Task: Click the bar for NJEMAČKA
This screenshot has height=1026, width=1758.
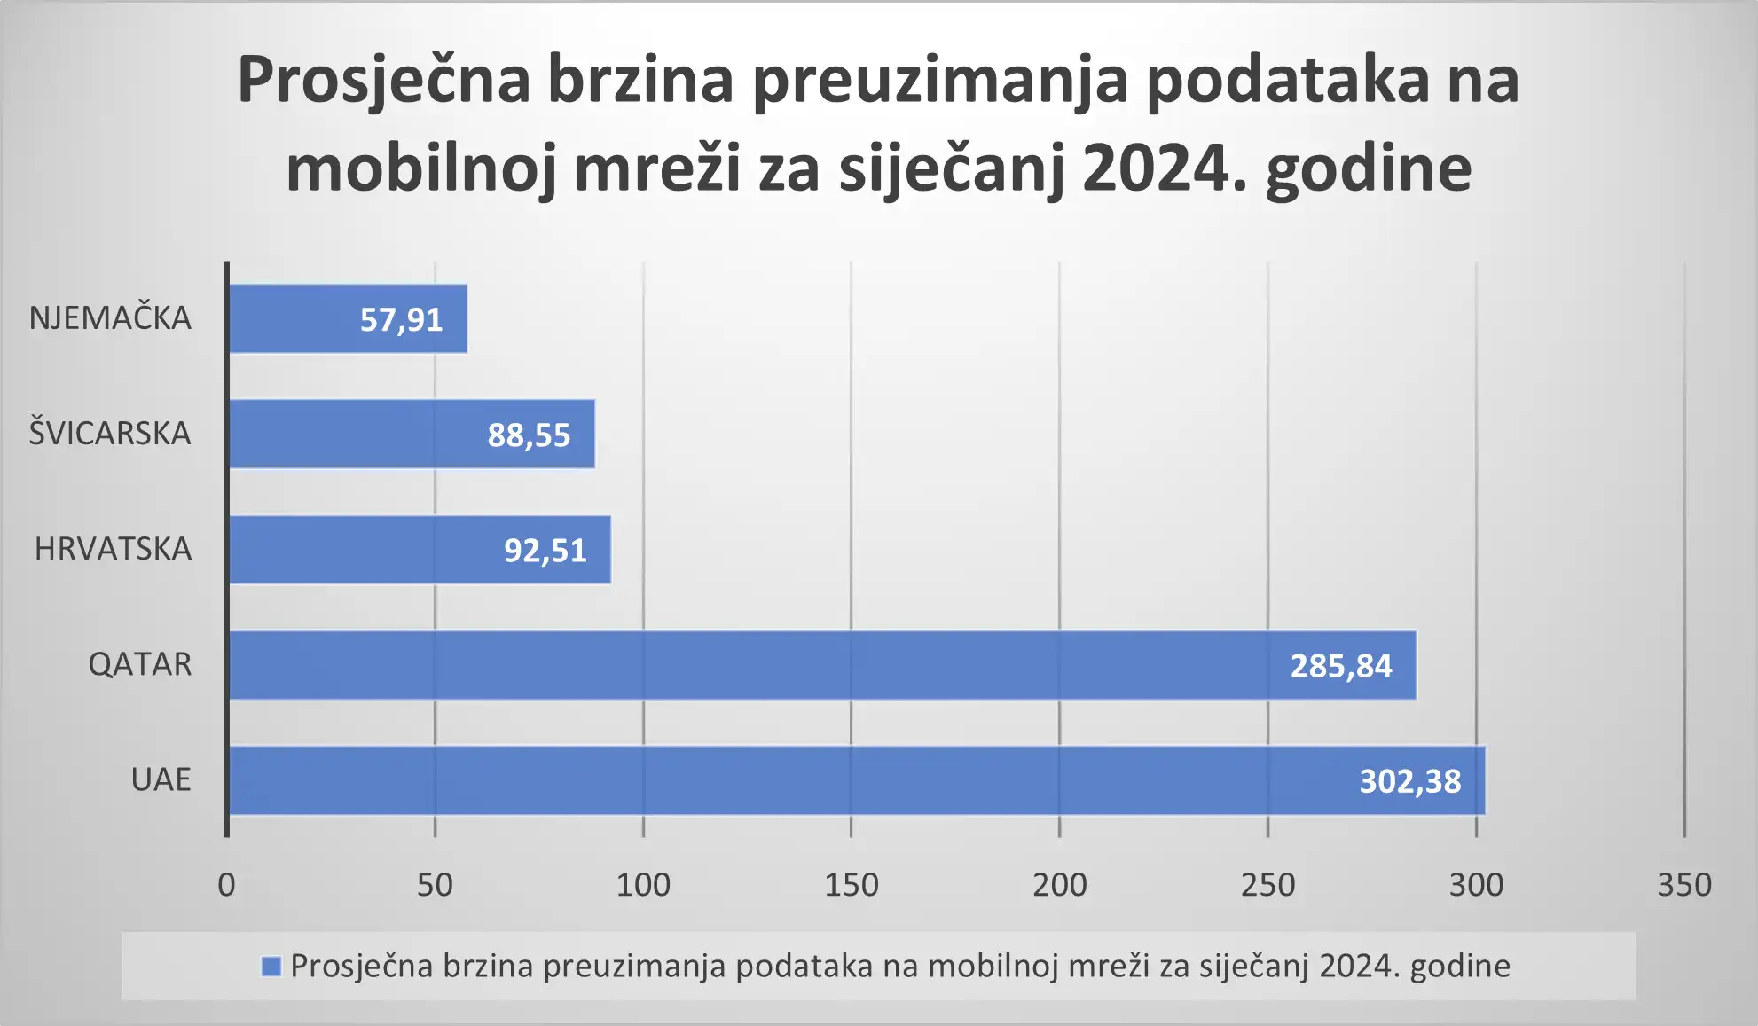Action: coord(293,318)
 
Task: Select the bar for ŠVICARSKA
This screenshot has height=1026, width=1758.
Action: coord(355,434)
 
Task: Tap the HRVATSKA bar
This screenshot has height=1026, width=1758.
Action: coord(364,550)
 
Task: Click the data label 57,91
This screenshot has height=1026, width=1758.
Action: coord(401,319)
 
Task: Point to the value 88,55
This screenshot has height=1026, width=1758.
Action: coord(529,435)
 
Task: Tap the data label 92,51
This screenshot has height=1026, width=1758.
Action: coord(545,551)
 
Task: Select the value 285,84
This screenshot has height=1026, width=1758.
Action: coord(1341,666)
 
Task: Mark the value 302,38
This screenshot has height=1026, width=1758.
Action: coord(1410,781)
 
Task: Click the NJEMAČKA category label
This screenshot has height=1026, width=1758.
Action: coord(110,317)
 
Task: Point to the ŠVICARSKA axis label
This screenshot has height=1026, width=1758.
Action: coord(110,433)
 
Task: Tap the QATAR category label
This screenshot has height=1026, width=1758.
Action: coord(140,664)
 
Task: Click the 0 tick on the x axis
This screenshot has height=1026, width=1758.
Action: coord(227,885)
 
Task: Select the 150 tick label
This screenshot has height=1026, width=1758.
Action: coord(852,885)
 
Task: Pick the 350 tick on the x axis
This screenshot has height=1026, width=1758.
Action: coord(1684,885)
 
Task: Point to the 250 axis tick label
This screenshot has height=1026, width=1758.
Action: coord(1267,885)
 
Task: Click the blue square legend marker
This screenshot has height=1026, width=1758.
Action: coord(271,966)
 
